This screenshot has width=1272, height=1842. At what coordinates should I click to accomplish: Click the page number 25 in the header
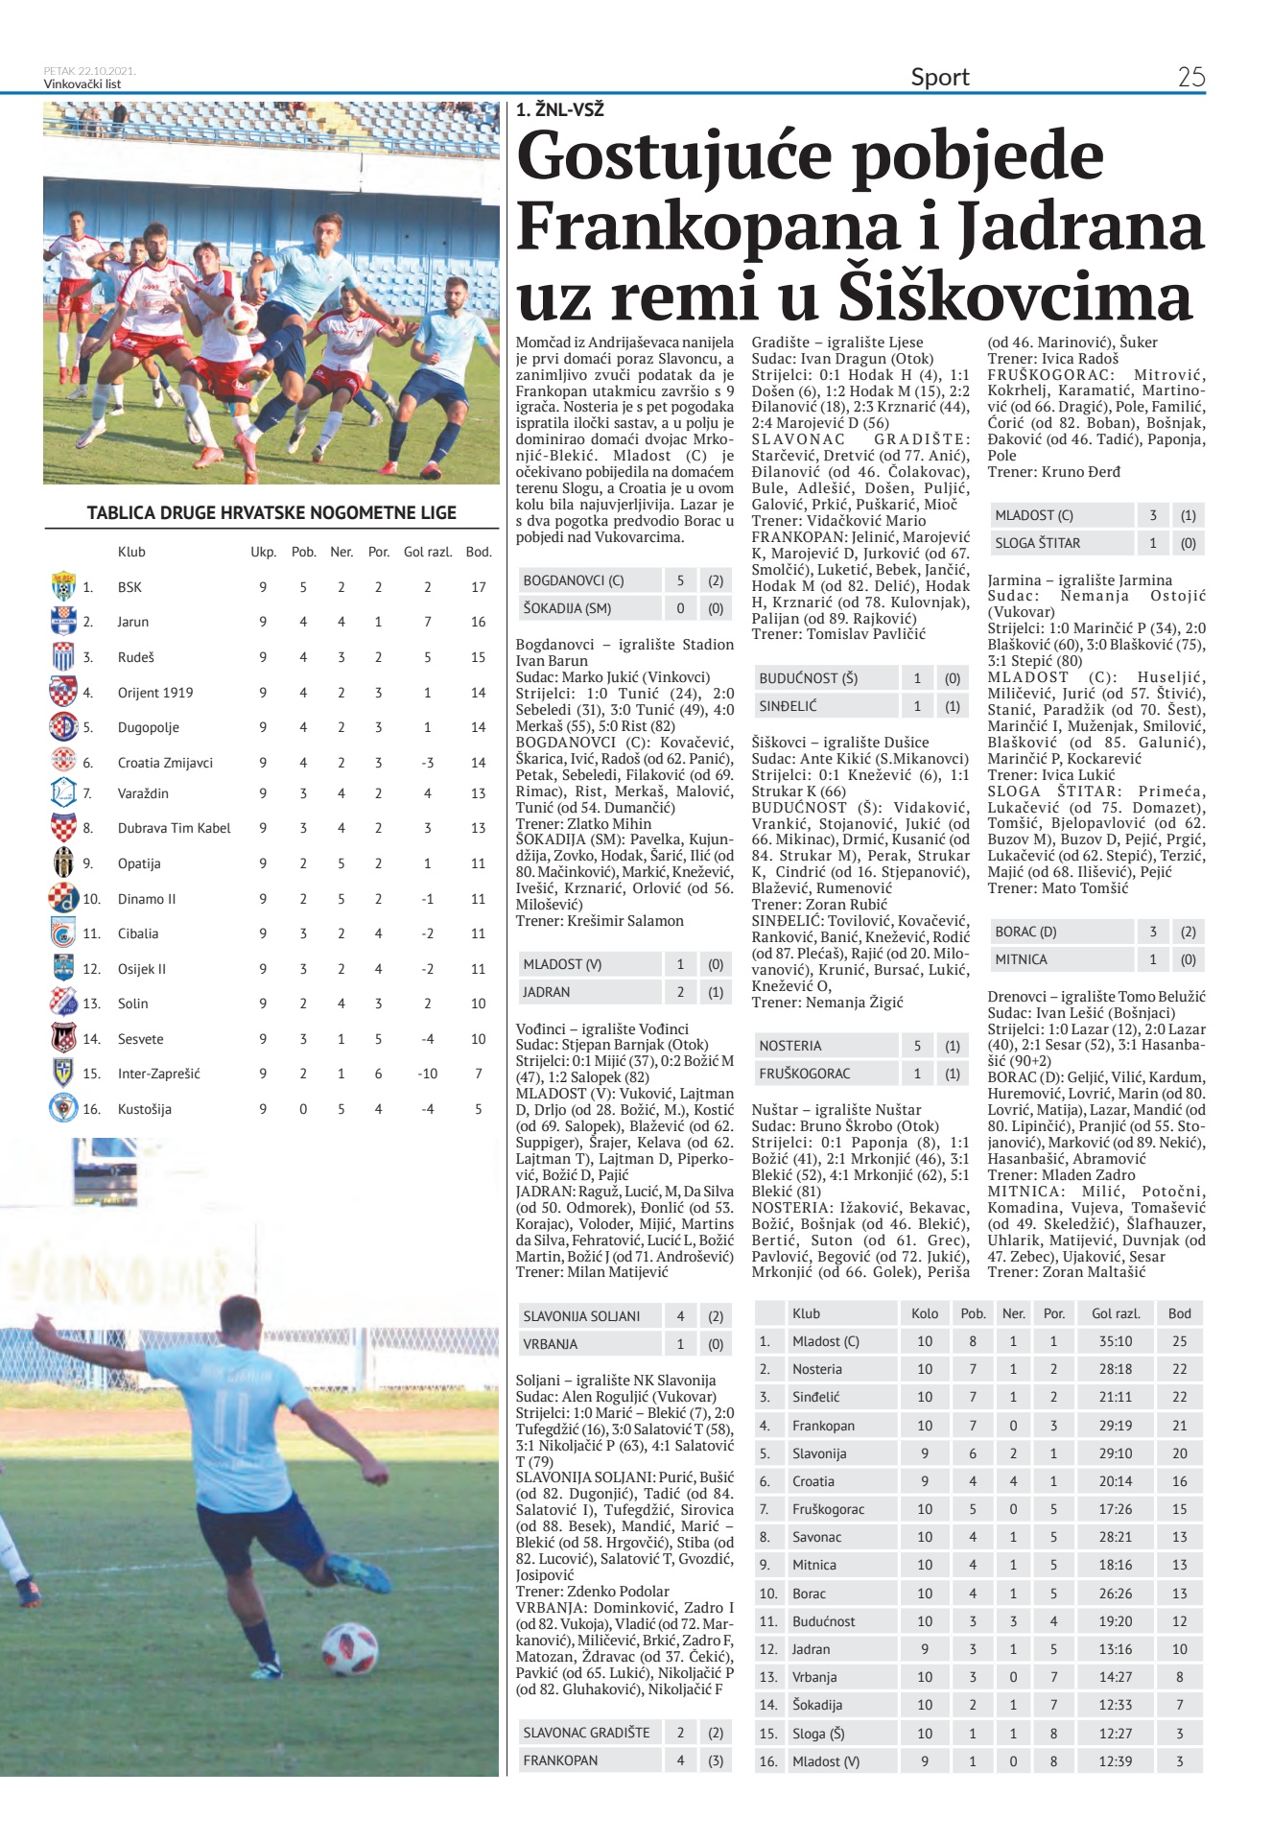[x=1190, y=77]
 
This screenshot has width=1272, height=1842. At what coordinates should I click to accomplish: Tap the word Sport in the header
[x=940, y=77]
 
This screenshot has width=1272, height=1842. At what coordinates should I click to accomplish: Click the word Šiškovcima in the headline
[x=1015, y=296]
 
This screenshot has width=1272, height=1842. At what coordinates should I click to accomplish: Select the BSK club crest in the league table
[x=63, y=586]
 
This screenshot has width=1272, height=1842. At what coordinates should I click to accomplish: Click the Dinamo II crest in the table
[x=63, y=898]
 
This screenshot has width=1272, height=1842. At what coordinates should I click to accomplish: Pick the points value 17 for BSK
[x=479, y=587]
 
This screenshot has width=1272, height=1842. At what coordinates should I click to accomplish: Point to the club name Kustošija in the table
[x=145, y=1109]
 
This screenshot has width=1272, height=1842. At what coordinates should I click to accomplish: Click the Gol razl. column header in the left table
[x=428, y=552]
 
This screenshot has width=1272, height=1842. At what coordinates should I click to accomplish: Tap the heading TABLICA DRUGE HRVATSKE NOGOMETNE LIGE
[x=271, y=512]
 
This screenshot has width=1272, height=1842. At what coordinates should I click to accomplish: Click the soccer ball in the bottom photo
[x=349, y=1649]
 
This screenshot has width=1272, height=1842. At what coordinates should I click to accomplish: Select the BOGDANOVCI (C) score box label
[x=574, y=580]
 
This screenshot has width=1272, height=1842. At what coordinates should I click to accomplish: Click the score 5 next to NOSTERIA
[x=917, y=1046]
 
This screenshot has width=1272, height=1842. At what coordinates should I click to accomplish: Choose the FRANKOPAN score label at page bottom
[x=560, y=1760]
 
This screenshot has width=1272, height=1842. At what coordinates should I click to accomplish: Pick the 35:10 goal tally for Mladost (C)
[x=1116, y=1341]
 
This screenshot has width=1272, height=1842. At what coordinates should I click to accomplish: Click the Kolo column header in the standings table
[x=925, y=1313]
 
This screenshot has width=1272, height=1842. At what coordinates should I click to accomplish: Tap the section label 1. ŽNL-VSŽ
[x=560, y=110]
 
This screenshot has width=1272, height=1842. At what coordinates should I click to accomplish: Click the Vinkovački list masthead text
[x=82, y=83]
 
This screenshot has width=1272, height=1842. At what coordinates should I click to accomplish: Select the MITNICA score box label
[x=1022, y=959]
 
